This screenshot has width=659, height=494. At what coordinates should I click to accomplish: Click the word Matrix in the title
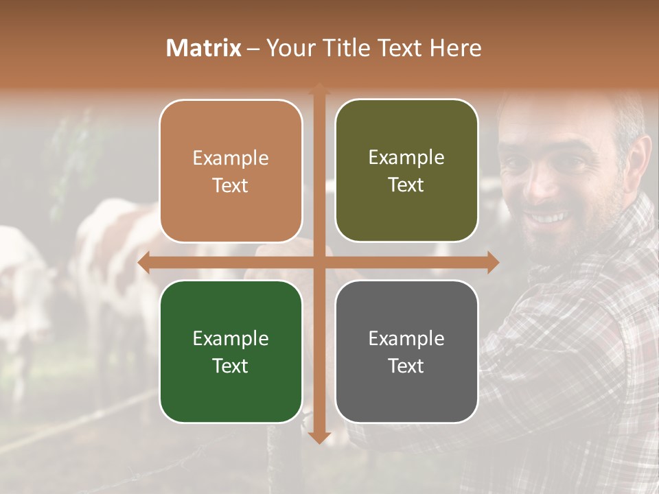tap(203, 48)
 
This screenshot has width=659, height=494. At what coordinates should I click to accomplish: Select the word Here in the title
tap(455, 48)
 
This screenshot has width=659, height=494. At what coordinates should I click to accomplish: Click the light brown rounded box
tap(231, 171)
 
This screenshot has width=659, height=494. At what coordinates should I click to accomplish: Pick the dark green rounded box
tap(231, 351)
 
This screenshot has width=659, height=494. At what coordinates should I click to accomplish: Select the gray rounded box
tap(406, 351)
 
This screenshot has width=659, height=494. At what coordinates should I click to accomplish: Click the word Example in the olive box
tap(406, 157)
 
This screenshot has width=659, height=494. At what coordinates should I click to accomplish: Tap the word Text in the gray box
tap(406, 366)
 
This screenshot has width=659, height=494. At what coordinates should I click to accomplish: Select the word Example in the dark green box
tap(231, 338)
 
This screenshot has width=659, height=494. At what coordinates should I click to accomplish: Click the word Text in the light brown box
tap(231, 185)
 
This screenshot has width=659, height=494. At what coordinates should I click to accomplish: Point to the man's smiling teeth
tap(546, 218)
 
